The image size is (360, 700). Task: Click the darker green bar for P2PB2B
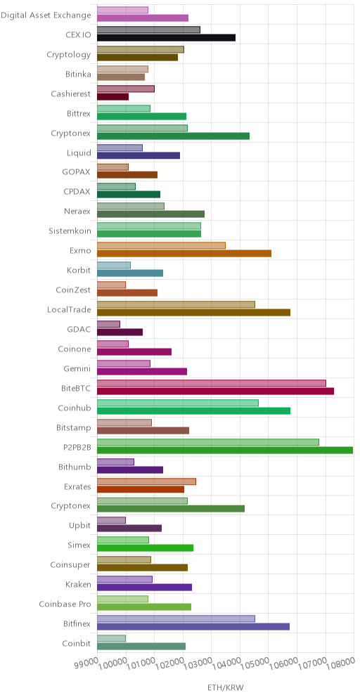coord(225,450)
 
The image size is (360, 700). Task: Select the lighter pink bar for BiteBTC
coord(211,383)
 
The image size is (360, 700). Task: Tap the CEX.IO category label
coord(78,35)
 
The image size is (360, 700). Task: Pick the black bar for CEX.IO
coord(166,37)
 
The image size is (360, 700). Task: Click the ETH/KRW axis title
coord(226,687)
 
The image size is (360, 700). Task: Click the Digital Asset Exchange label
coord(46,15)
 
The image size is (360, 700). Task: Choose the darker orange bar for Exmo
coord(184,254)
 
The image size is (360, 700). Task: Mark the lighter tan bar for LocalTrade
coord(176,304)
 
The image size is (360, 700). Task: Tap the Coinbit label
coord(77,644)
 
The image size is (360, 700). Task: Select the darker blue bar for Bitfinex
coord(193,627)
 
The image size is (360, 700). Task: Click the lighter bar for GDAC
coord(108,324)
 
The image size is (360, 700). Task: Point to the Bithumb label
coord(75,467)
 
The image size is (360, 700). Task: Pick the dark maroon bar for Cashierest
coord(112,96)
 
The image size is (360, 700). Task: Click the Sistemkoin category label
coord(70,231)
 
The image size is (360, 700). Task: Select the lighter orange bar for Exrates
coord(146,481)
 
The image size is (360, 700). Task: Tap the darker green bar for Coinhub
coord(193,410)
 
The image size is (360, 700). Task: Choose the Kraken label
coord(78,585)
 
